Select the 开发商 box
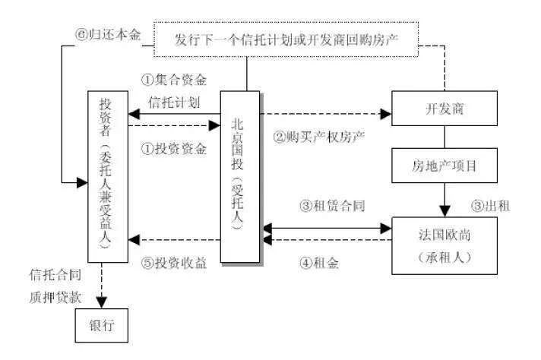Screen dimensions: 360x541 [x=444, y=110]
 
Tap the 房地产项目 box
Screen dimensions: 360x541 [x=444, y=164]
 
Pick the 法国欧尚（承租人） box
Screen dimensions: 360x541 [x=444, y=245]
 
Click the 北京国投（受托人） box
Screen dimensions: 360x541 [x=239, y=177]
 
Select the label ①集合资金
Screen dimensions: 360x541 [x=174, y=79]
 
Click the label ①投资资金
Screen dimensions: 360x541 [x=174, y=150]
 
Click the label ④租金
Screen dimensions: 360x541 [x=319, y=264]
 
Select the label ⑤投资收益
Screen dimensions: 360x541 [x=174, y=264]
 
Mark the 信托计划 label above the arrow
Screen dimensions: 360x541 [x=174, y=102]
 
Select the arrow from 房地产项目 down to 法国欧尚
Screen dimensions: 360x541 [x=444, y=200]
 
